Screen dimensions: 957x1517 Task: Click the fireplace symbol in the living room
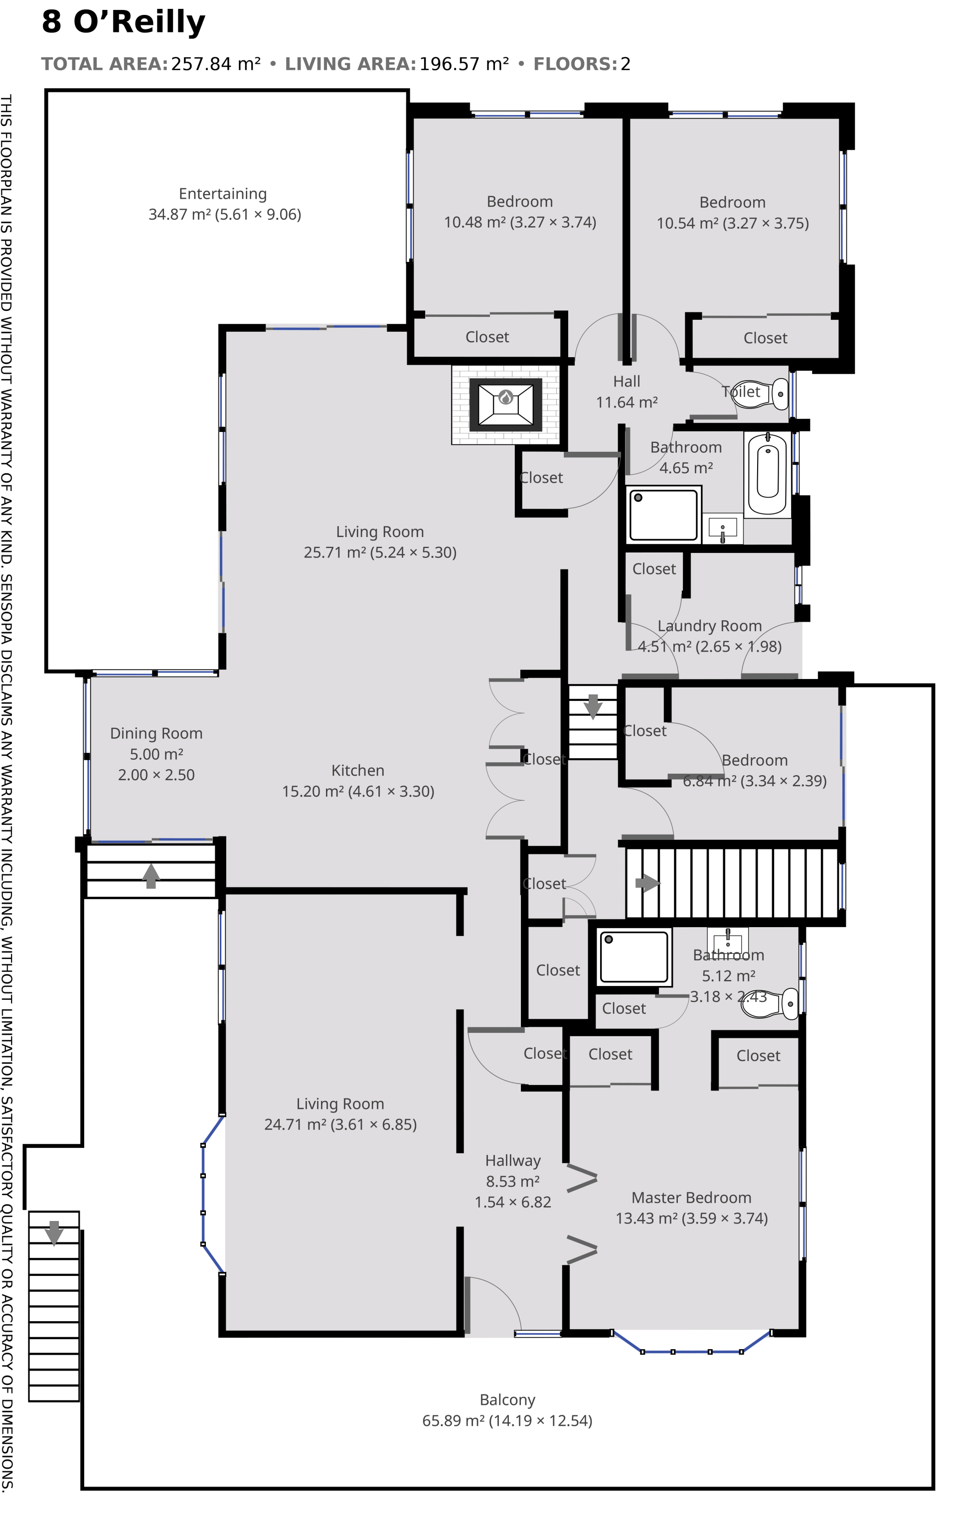(x=505, y=404)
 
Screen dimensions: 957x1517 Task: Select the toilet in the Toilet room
(x=780, y=394)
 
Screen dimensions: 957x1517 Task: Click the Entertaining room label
(x=222, y=193)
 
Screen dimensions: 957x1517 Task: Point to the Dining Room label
(x=157, y=733)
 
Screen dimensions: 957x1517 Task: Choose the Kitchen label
(x=357, y=771)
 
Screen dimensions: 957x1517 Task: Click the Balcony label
(x=507, y=1400)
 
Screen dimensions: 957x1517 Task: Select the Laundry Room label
(x=710, y=626)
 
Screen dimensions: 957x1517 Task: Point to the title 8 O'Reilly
(x=124, y=22)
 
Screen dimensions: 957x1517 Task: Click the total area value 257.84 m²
(x=216, y=64)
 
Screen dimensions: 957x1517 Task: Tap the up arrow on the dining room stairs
(x=151, y=876)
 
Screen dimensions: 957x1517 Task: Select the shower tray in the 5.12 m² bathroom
(x=634, y=958)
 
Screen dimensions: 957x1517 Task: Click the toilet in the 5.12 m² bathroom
(x=771, y=1003)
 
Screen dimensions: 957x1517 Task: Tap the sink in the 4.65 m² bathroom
(x=722, y=528)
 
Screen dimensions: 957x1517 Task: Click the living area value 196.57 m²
(x=464, y=64)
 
